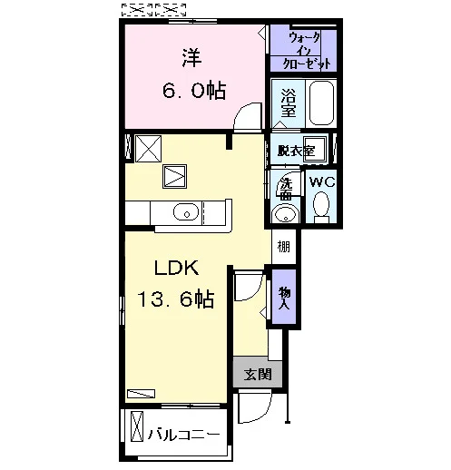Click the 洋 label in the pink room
[x=191, y=58]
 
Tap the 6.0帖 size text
[x=194, y=91]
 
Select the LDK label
[x=177, y=268]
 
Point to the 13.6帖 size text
[x=176, y=299]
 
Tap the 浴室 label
[x=289, y=103]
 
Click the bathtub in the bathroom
[x=321, y=103]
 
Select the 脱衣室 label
[x=296, y=151]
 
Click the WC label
[x=322, y=182]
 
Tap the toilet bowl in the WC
[x=321, y=207]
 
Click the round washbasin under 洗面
[x=285, y=214]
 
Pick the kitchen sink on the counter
[x=186, y=211]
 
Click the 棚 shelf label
[x=284, y=247]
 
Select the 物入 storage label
[x=284, y=298]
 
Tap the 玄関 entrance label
[x=258, y=375]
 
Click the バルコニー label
[x=183, y=435]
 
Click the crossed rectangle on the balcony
[x=137, y=426]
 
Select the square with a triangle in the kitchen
[x=174, y=176]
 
